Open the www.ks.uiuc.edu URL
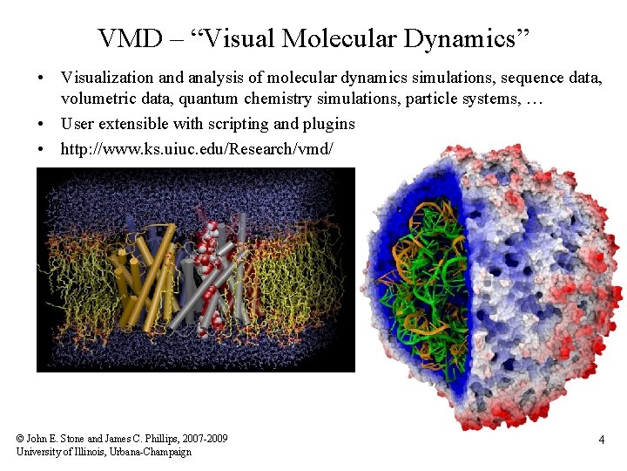point(196,148)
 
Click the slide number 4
point(601,440)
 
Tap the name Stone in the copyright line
point(72,438)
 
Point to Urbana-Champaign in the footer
point(149,451)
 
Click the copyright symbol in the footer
point(20,438)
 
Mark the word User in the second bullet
point(78,123)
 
